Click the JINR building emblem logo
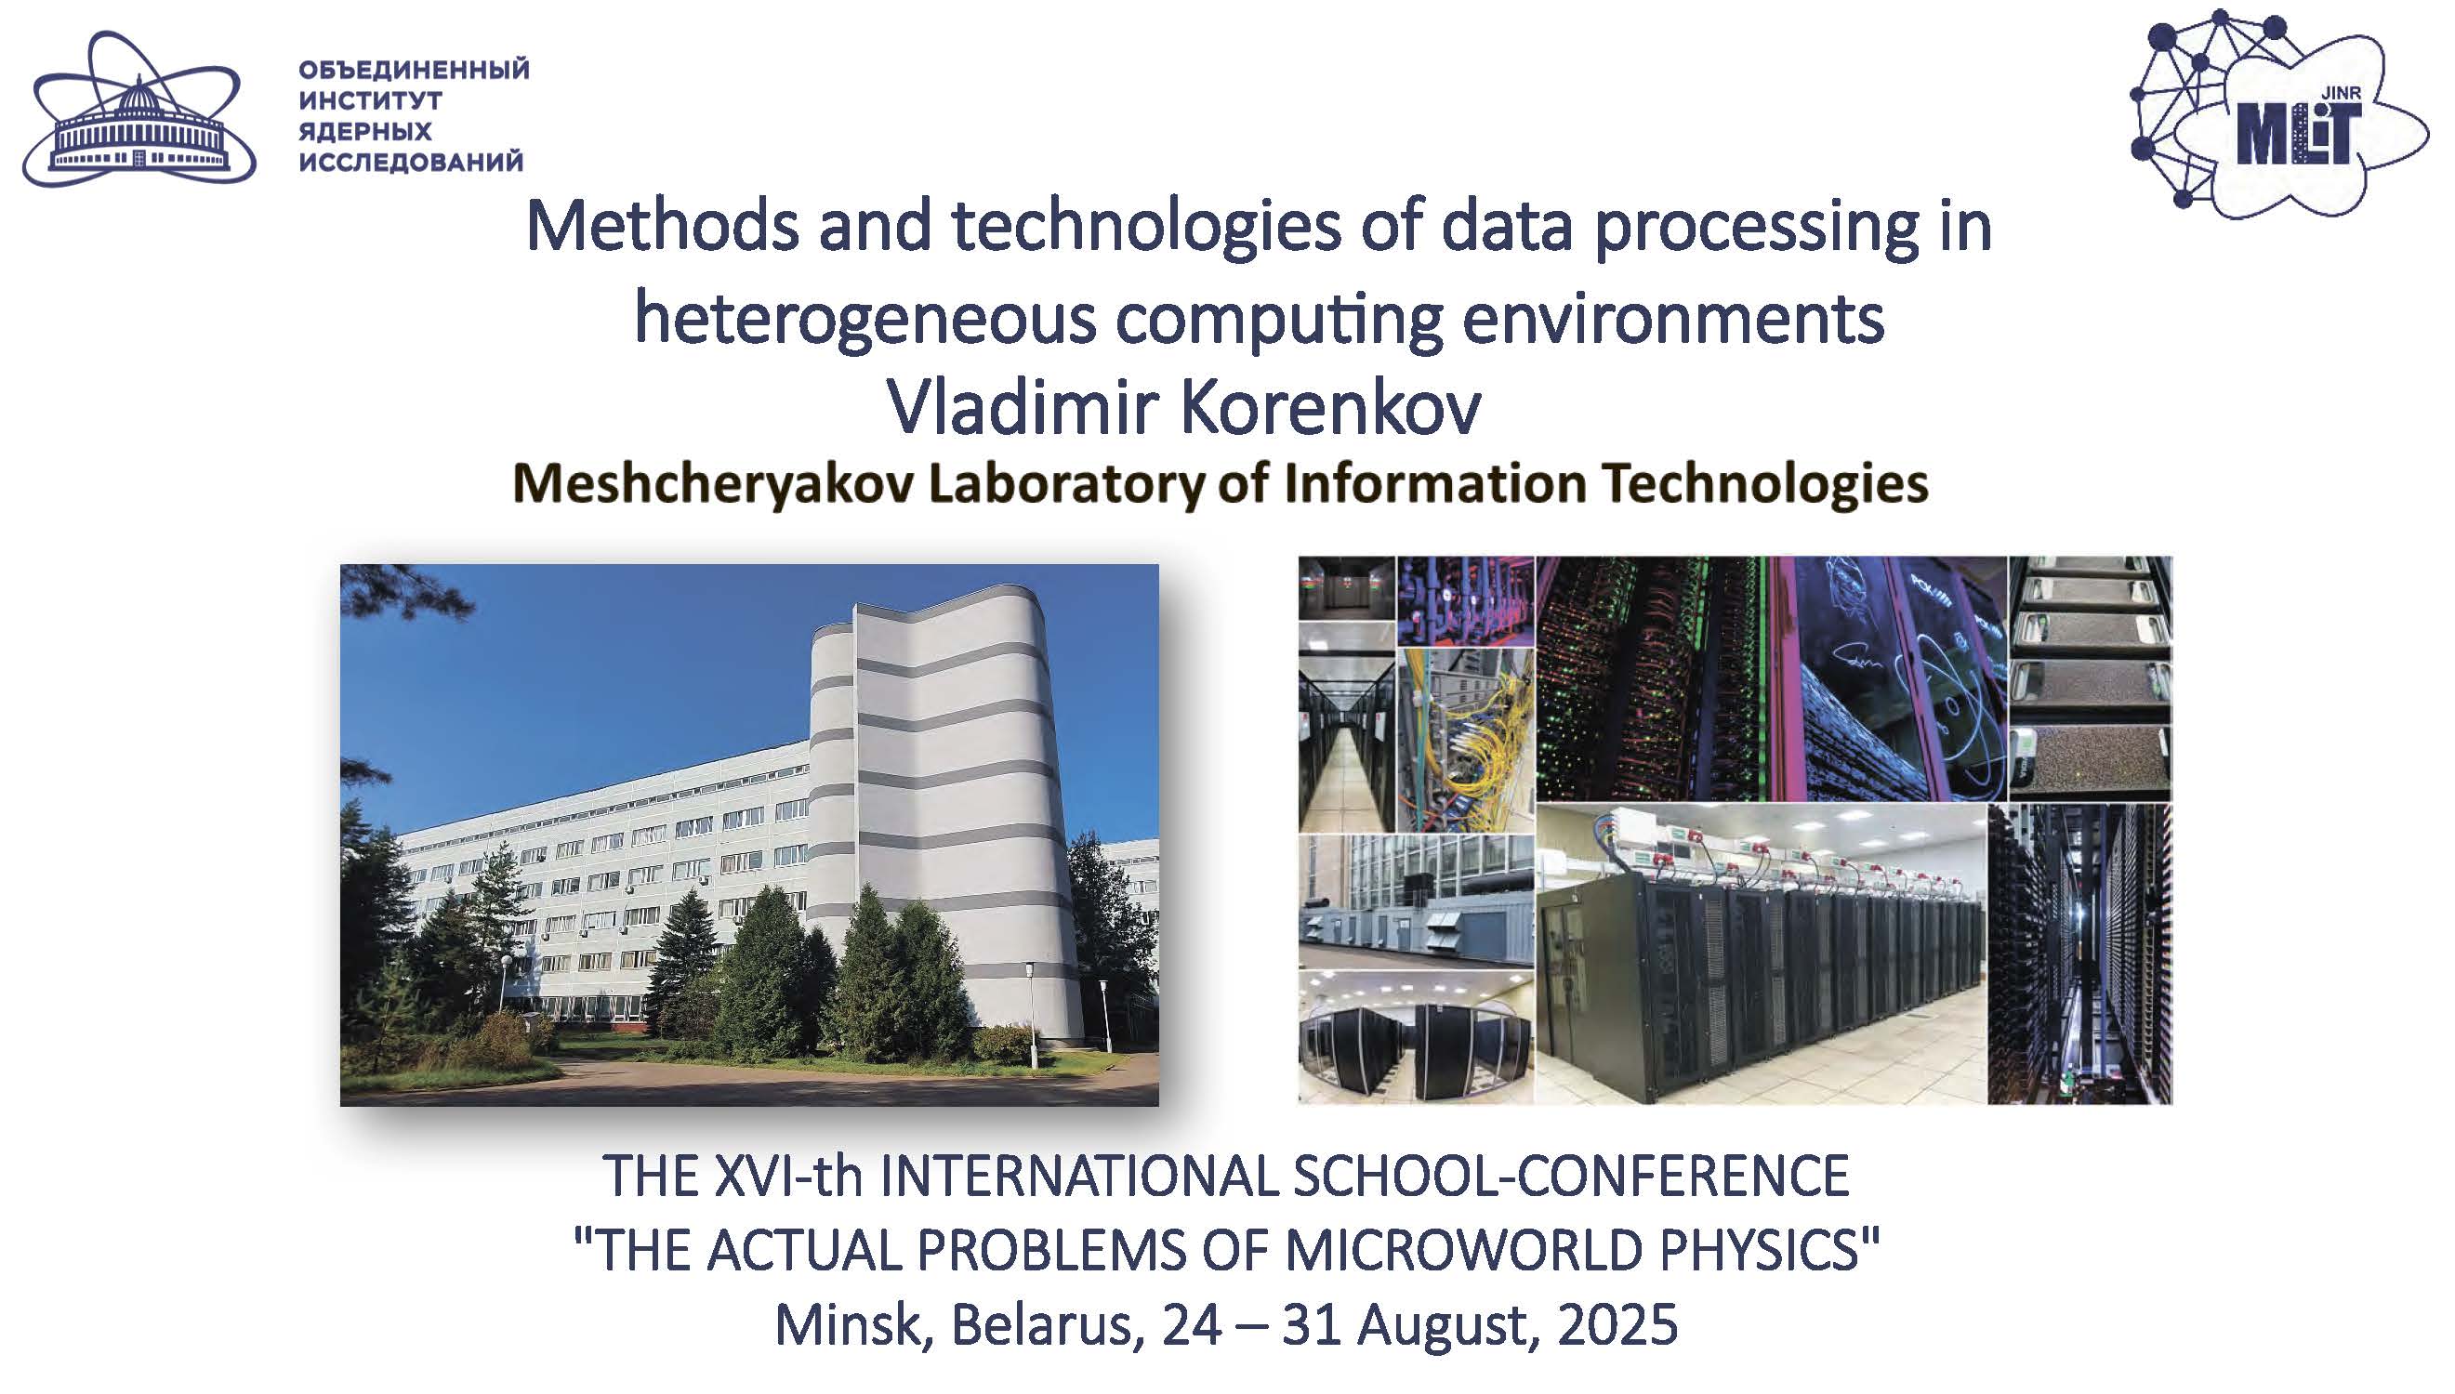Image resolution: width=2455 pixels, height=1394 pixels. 139,109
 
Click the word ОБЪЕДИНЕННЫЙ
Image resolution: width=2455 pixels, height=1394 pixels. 414,70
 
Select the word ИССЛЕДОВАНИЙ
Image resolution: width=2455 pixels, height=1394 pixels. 411,162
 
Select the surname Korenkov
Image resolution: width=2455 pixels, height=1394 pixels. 1330,408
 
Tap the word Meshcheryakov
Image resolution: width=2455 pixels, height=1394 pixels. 714,484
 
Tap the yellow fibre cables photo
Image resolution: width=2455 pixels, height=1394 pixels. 1465,740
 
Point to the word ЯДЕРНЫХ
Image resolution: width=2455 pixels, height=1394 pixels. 364,131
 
